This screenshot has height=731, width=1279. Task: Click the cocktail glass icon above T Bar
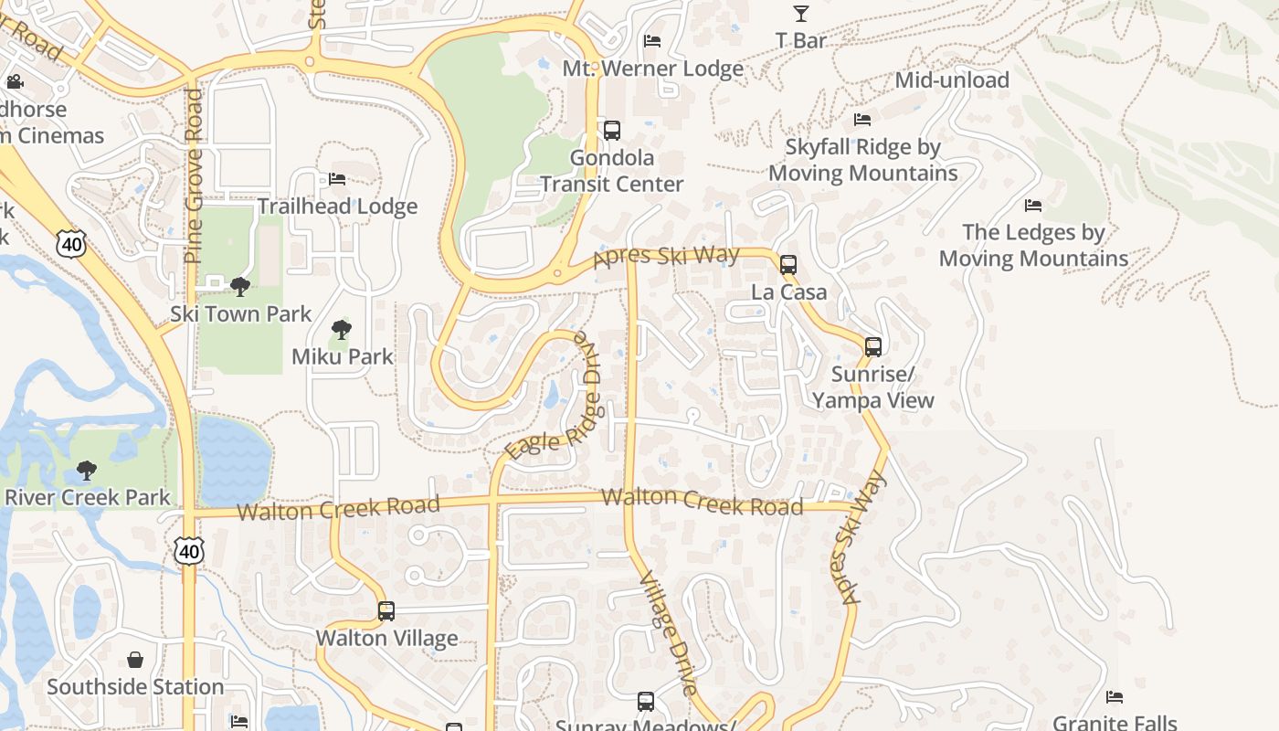pyautogui.click(x=800, y=14)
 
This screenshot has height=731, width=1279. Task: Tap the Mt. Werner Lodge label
pyautogui.click(x=652, y=69)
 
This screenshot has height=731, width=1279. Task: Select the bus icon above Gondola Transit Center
pyautogui.click(x=612, y=131)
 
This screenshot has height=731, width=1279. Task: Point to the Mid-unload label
pyautogui.click(x=951, y=79)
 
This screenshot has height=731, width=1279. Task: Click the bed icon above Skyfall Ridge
pyautogui.click(x=861, y=120)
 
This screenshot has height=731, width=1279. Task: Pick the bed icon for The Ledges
pyautogui.click(x=1033, y=206)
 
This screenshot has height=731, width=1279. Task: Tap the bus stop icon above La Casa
pyautogui.click(x=788, y=265)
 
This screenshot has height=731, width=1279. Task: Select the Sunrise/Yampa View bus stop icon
pyautogui.click(x=873, y=347)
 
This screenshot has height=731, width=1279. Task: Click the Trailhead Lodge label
pyautogui.click(x=337, y=207)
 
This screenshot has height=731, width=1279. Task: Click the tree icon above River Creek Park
pyautogui.click(x=87, y=471)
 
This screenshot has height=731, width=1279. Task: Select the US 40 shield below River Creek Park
pyautogui.click(x=189, y=551)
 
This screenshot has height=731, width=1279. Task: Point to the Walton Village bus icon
pyautogui.click(x=386, y=611)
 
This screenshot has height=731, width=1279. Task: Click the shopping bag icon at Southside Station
pyautogui.click(x=135, y=660)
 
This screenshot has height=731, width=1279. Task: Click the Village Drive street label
pyautogui.click(x=669, y=634)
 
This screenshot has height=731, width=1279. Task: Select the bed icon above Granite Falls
pyautogui.click(x=1115, y=697)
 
